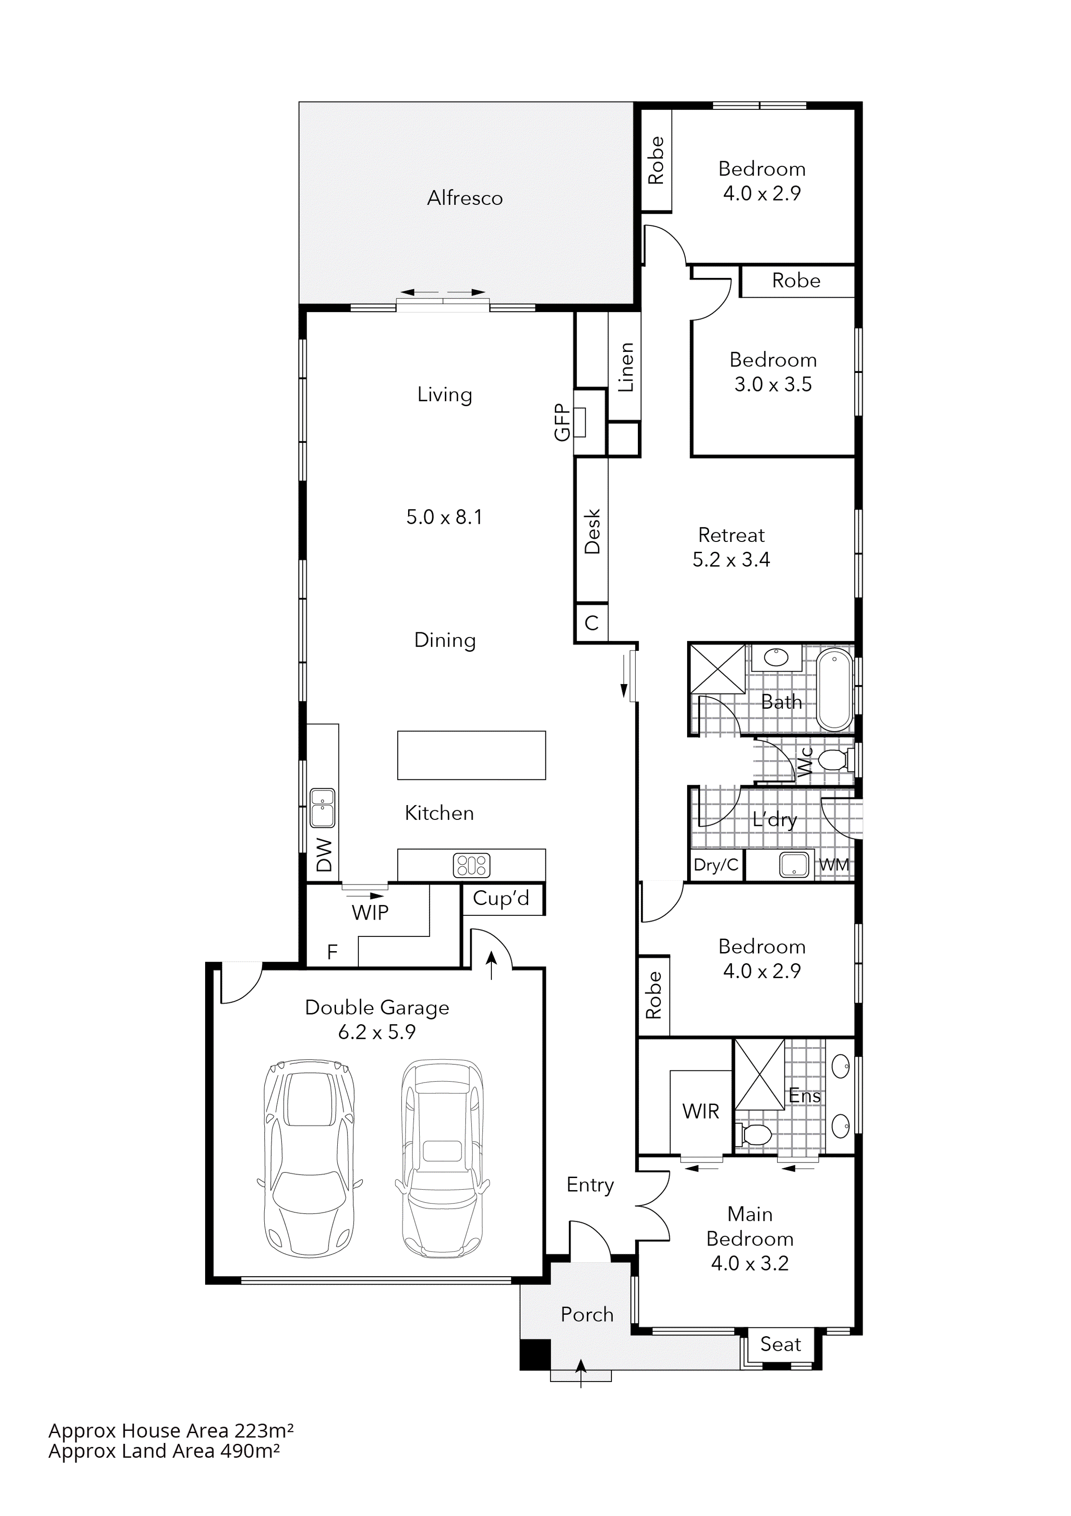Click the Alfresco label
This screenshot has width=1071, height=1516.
(465, 198)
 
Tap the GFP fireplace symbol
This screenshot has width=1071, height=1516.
(581, 423)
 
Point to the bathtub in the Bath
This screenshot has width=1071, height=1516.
(835, 689)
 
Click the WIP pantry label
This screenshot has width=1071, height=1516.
(370, 913)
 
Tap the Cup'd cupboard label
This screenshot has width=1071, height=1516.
(501, 898)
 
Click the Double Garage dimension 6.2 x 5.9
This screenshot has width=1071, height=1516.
(377, 1032)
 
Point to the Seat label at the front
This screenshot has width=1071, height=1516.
(781, 1344)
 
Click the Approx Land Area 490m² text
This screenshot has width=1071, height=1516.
(164, 1451)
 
